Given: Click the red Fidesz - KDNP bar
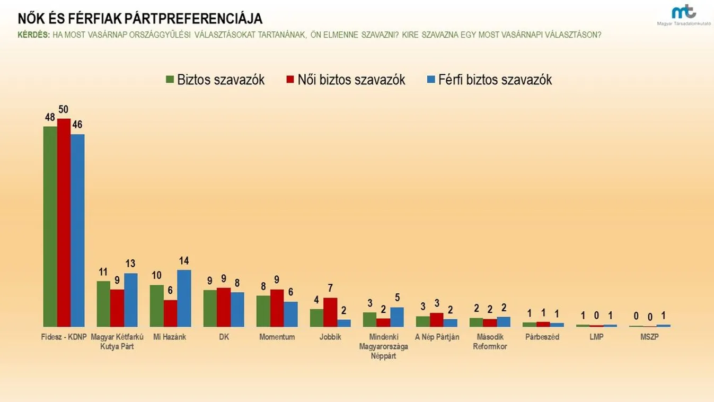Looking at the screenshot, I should pyautogui.click(x=64, y=223).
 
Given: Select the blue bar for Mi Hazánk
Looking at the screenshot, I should pyautogui.click(x=184, y=298).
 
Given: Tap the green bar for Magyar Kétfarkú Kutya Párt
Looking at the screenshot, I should pyautogui.click(x=103, y=303).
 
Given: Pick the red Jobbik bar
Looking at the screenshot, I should pyautogui.click(x=330, y=312).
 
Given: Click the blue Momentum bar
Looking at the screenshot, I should pyautogui.click(x=290, y=314).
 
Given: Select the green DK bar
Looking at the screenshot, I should pyautogui.click(x=210, y=308).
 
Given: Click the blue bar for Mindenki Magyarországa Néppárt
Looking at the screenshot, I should pyautogui.click(x=397, y=317).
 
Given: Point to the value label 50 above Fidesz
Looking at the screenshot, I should pyautogui.click(x=64, y=110).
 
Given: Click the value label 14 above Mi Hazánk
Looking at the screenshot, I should pyautogui.click(x=184, y=261).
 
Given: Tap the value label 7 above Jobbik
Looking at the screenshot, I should pyautogui.click(x=330, y=289).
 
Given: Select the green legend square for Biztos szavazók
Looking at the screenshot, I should pyautogui.click(x=170, y=80).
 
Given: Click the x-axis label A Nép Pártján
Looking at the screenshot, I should pyautogui.click(x=437, y=337).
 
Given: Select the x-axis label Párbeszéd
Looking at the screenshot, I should pyautogui.click(x=543, y=337).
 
